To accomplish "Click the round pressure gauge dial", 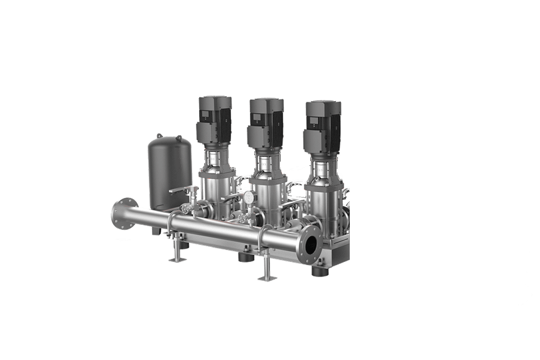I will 249,197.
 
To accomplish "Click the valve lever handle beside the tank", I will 180,189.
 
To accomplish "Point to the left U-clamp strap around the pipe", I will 171,223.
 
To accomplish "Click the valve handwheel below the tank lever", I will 186,208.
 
